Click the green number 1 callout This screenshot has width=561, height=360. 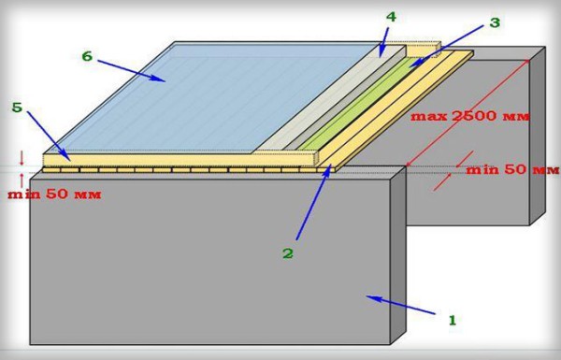coord(453,320)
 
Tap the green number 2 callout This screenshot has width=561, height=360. coord(288,253)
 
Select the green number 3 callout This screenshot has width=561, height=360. coord(494,22)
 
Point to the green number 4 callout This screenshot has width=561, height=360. coord(392,17)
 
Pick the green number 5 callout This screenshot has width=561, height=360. coord(17,108)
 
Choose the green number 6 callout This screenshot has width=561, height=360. coord(87,56)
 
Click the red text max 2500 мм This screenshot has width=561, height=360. coord(469,116)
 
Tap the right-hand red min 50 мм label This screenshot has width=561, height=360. coord(512,169)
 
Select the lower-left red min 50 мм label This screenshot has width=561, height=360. coord(54,194)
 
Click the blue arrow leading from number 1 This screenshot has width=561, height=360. coord(401,305)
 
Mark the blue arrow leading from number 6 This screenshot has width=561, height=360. coord(131,71)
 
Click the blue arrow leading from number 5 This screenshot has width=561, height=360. coord(49,136)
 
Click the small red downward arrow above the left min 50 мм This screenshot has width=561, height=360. coord(22,158)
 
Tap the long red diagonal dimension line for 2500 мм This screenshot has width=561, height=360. coord(467,113)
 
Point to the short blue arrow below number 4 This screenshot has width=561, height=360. coord(383,41)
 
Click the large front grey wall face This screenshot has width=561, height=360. coord(210,261)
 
